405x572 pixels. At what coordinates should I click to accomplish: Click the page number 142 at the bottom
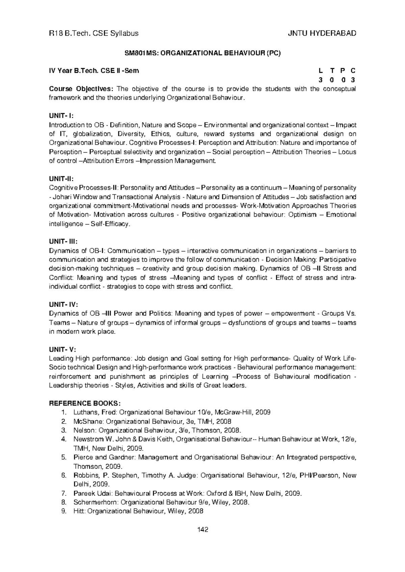202,529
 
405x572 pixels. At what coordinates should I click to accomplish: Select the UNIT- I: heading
61,116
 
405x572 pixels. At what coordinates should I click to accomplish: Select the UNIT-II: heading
61,179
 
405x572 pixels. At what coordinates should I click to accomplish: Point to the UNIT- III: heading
63,242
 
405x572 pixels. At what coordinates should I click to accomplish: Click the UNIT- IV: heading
63,305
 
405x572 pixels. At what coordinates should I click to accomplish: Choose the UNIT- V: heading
62,349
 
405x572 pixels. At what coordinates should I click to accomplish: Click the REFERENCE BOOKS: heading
85,403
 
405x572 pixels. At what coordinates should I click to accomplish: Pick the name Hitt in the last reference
79,511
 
